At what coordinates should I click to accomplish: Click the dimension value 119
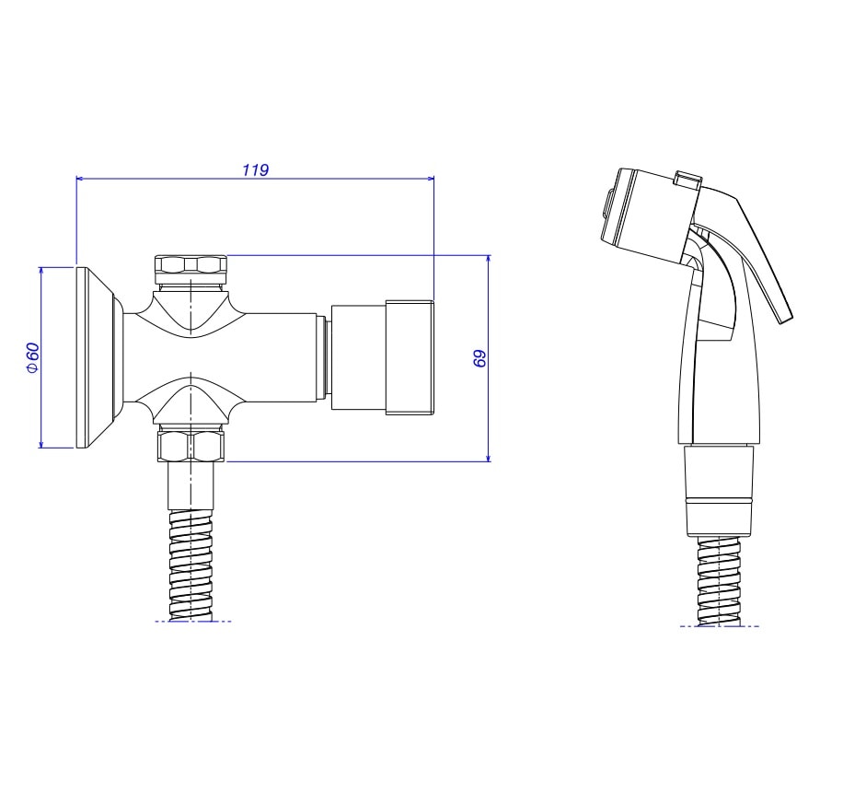255,169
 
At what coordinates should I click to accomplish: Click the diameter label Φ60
32,357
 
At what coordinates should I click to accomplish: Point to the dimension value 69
479,358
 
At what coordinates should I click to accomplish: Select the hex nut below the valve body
191,445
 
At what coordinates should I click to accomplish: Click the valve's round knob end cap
382,358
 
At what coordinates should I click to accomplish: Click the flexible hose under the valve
191,565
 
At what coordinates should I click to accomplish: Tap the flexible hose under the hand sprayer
719,581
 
